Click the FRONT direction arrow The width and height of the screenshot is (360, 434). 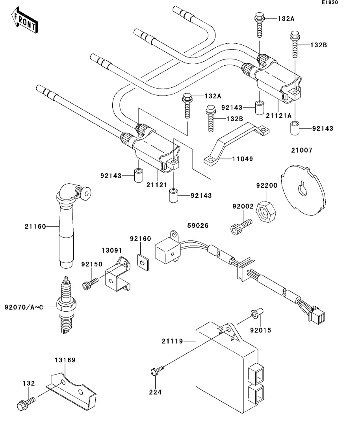coord(24,20)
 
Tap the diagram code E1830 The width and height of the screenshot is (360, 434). coord(330,2)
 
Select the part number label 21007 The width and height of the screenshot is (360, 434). coord(302,150)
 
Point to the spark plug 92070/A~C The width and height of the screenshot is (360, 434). coord(66,305)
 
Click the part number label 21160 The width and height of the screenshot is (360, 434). coord(35,226)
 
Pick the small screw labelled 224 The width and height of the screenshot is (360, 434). coord(157,370)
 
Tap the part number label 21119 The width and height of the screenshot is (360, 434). coord(173,341)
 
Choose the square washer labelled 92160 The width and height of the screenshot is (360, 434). coord(143,262)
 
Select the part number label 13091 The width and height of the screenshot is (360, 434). coord(112,251)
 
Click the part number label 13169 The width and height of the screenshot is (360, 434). coord(65,360)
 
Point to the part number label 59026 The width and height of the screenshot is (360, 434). coord(198,226)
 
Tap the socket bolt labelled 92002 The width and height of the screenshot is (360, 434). coord(241,227)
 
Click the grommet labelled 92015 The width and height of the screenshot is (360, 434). coord(257,313)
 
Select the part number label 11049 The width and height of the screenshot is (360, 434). coord(243,159)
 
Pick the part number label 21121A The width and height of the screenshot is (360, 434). coord(279,116)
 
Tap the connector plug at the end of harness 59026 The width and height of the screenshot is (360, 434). coord(317,316)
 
